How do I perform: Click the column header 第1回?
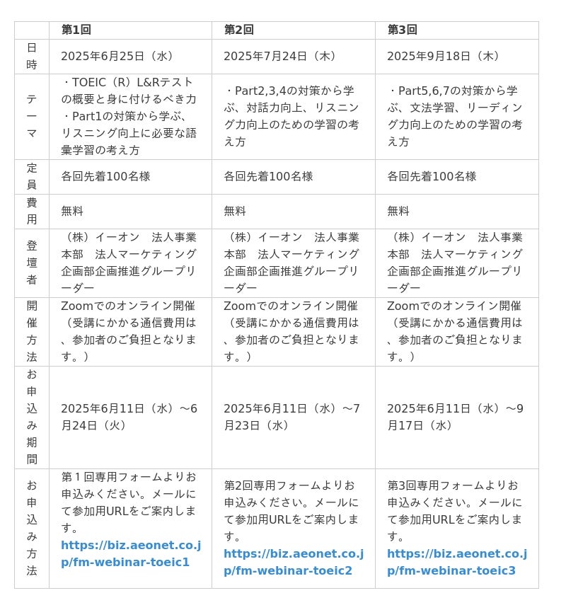coord(76,30)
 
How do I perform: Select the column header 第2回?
coord(239,30)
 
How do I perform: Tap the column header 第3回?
coord(403,30)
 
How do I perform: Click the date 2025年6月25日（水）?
coord(117,56)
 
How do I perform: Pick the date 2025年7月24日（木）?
coord(281,56)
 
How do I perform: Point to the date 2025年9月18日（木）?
coord(444,56)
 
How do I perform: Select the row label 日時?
coord(32,56)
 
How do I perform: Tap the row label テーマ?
coord(32,116)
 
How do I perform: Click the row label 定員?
coord(32,176)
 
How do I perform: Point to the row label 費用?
coord(32,211)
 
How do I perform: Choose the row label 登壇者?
coord(32,263)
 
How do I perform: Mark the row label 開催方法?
coord(32,331)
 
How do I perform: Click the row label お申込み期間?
coord(32,417)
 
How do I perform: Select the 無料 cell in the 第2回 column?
coord(235,211)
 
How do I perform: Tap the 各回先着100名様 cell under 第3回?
coord(432,176)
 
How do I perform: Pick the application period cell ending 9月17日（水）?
coord(455,417)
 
